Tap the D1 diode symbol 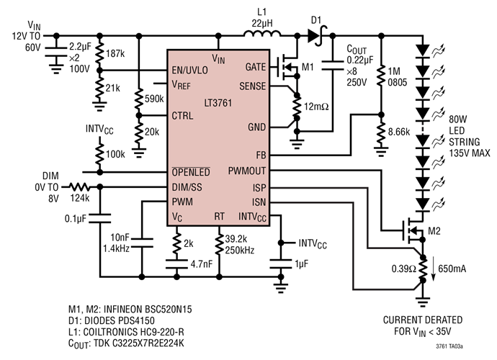(315, 33)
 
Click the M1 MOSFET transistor (287, 69)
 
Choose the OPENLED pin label (191, 173)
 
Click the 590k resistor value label (154, 98)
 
